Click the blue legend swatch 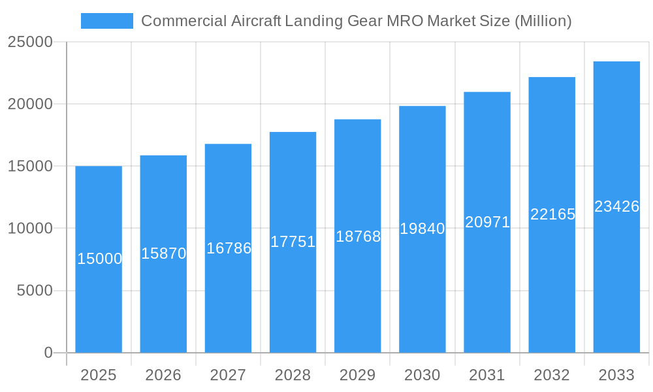pos(106,21)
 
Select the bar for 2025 pos(99,259)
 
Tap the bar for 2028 pos(293,242)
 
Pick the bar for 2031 pos(487,222)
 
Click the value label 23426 pos(616,206)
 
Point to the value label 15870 pos(164,253)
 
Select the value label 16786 pos(229,248)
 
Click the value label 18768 pos(358,237)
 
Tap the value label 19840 pos(422,229)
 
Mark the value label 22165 pos(552,214)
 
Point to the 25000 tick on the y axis pos(30,42)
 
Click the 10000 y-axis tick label pos(30,229)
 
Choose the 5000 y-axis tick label pos(35,291)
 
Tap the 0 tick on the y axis pos(48,353)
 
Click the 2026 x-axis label pos(163,375)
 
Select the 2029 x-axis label pos(358,375)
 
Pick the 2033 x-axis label pos(616,375)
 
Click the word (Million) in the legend pos(543,21)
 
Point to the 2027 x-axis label pos(228,375)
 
